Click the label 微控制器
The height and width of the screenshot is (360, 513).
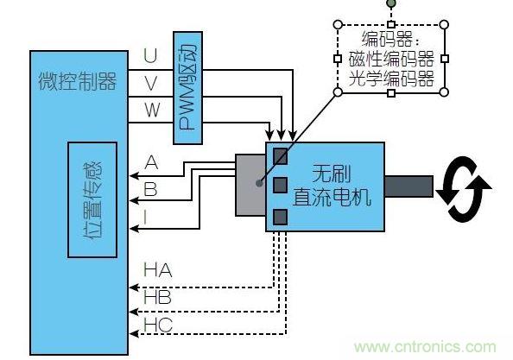[77, 82]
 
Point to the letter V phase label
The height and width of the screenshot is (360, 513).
[150, 83]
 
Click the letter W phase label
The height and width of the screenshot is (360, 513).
[151, 111]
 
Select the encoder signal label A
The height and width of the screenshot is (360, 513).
[152, 162]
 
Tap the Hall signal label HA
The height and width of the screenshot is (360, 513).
[157, 271]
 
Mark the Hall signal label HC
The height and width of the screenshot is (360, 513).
[157, 326]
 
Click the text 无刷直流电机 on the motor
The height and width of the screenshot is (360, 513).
[332, 186]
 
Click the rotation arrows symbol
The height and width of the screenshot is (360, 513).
[463, 186]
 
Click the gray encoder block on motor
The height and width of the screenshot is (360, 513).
[250, 185]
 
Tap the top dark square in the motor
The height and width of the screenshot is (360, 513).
[280, 155]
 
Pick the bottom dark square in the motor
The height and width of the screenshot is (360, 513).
[280, 216]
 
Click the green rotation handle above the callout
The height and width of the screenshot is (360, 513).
[390, 3]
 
